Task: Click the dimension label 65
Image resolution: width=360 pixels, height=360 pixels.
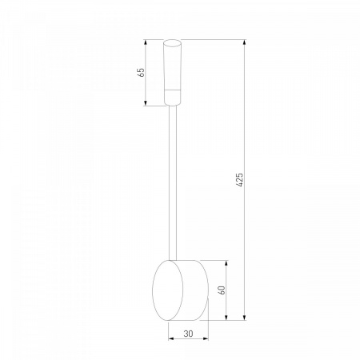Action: point(142,72)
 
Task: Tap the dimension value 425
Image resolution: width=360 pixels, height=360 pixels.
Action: point(240,180)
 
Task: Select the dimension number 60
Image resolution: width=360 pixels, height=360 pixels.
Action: point(222,290)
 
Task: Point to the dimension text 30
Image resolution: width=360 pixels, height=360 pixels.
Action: point(188,334)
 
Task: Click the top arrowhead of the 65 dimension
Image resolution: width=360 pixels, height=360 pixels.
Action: point(146,42)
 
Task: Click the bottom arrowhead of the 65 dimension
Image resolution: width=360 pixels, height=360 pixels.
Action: point(146,103)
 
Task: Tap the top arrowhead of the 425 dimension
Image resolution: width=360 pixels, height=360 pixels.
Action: point(245,42)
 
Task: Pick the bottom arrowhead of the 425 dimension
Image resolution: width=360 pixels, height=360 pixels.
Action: point(245,318)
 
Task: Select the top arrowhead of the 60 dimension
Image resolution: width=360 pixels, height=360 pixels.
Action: point(226,263)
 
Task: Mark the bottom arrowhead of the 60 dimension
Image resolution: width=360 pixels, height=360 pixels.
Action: point(226,318)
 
